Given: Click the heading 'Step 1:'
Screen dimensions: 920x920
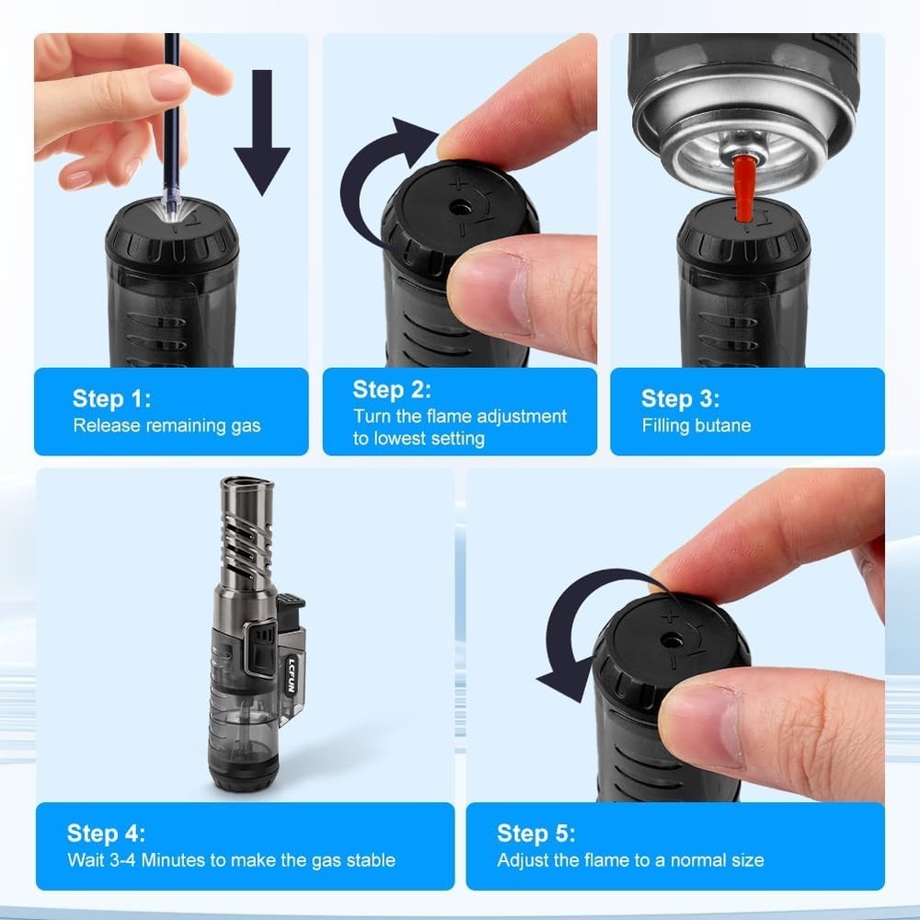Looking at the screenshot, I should [x=111, y=398].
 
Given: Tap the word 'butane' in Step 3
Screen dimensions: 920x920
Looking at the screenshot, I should [x=722, y=426].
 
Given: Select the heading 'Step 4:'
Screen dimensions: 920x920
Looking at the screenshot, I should [x=106, y=834].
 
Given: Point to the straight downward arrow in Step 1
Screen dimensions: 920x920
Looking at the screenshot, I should [x=261, y=129].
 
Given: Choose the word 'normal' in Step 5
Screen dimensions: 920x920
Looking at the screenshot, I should [x=685, y=861].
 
